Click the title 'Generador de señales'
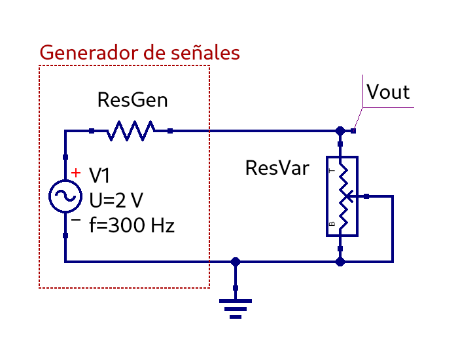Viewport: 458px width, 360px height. [139, 52]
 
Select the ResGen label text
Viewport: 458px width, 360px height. [132, 100]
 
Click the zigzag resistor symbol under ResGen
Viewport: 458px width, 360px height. [131, 131]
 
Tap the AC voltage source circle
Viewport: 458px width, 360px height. [65, 196]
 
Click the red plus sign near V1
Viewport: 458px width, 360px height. [77, 173]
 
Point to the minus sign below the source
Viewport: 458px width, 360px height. [77, 221]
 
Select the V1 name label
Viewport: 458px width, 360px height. [100, 176]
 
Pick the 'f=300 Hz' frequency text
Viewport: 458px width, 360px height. [132, 226]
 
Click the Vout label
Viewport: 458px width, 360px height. [388, 92]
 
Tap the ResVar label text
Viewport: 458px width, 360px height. [277, 168]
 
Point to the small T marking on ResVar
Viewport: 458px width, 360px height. [332, 170]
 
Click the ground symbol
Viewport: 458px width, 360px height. [236, 308]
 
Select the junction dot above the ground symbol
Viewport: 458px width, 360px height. [236, 262]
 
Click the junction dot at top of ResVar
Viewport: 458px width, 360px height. [340, 131]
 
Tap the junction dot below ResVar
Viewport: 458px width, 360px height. [340, 262]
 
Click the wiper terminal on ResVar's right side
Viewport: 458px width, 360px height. [366, 196]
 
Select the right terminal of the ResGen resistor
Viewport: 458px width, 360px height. [170, 131]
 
